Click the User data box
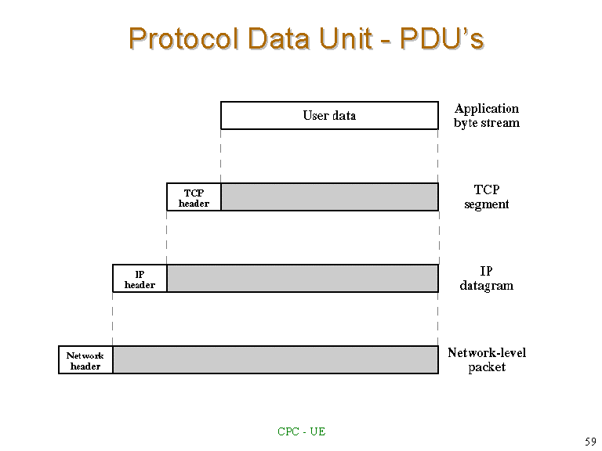(x=329, y=115)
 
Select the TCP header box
(x=194, y=197)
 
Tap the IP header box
(x=140, y=279)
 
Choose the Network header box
(x=85, y=359)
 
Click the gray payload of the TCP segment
(x=330, y=197)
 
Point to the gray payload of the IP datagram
(x=303, y=279)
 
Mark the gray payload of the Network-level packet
(x=276, y=359)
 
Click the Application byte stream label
(x=487, y=115)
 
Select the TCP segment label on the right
(x=487, y=197)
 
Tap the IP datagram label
(x=487, y=278)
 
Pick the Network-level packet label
(x=487, y=359)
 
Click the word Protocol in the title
(x=183, y=38)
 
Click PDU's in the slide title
(x=441, y=38)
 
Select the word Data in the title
(x=278, y=38)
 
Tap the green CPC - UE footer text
(x=301, y=431)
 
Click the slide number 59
(x=590, y=442)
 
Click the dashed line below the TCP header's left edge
(x=167, y=238)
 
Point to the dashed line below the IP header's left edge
(x=113, y=319)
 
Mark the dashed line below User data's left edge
(x=221, y=157)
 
